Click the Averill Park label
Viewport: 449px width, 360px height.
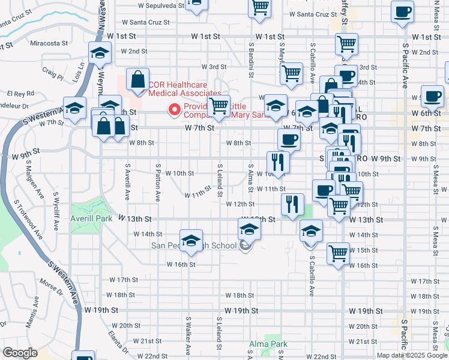(x=91, y=219)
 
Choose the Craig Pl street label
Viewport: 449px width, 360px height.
(x=53, y=74)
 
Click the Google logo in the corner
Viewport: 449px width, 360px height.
(x=20, y=353)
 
